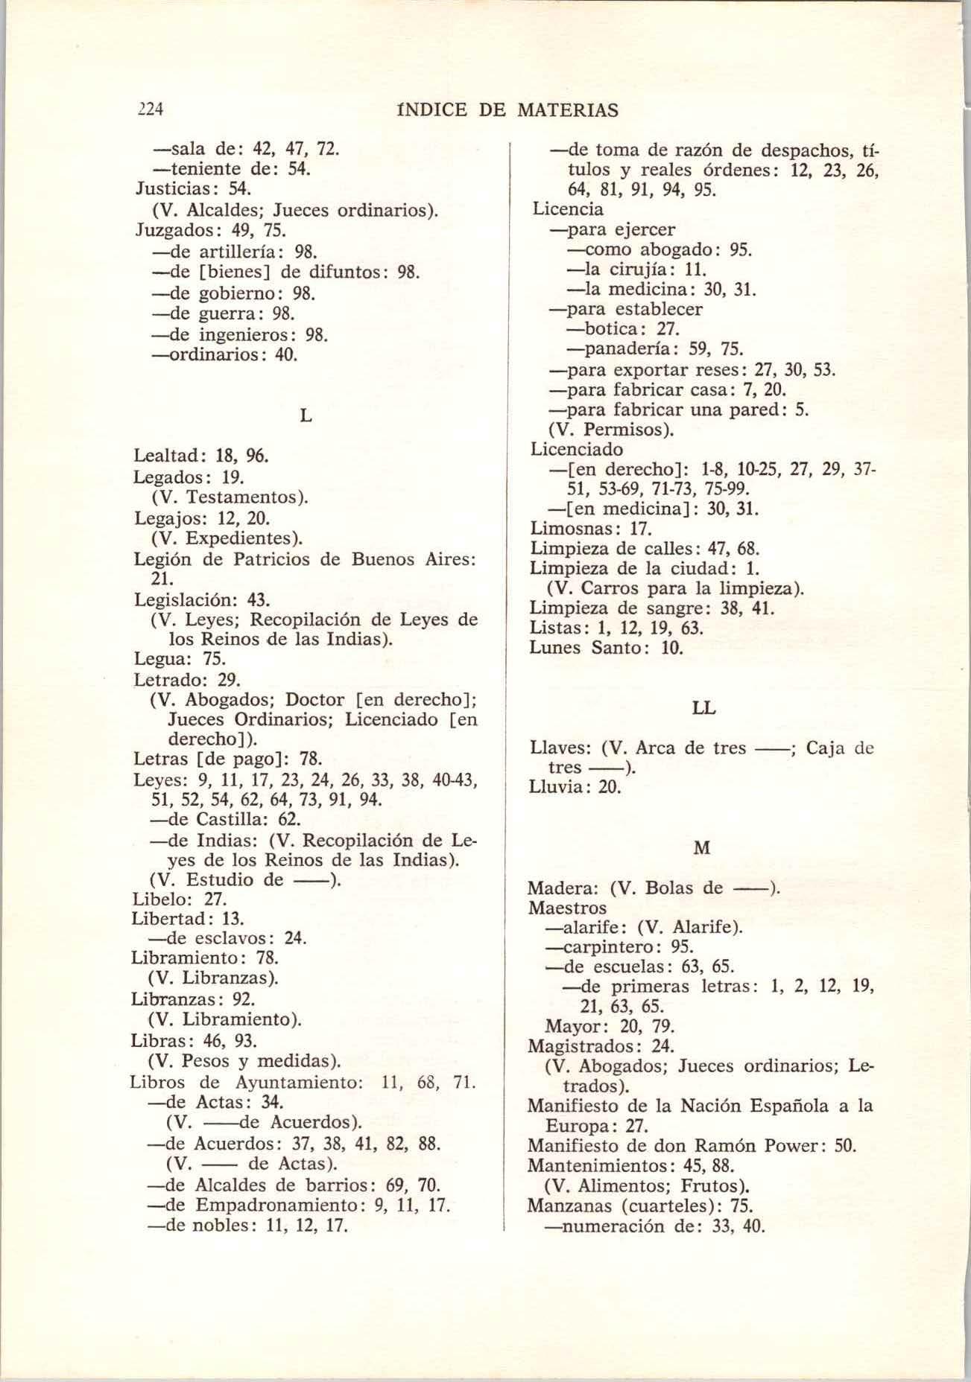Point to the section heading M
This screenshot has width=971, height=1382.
click(x=702, y=848)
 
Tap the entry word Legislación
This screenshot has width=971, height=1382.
click(x=179, y=599)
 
